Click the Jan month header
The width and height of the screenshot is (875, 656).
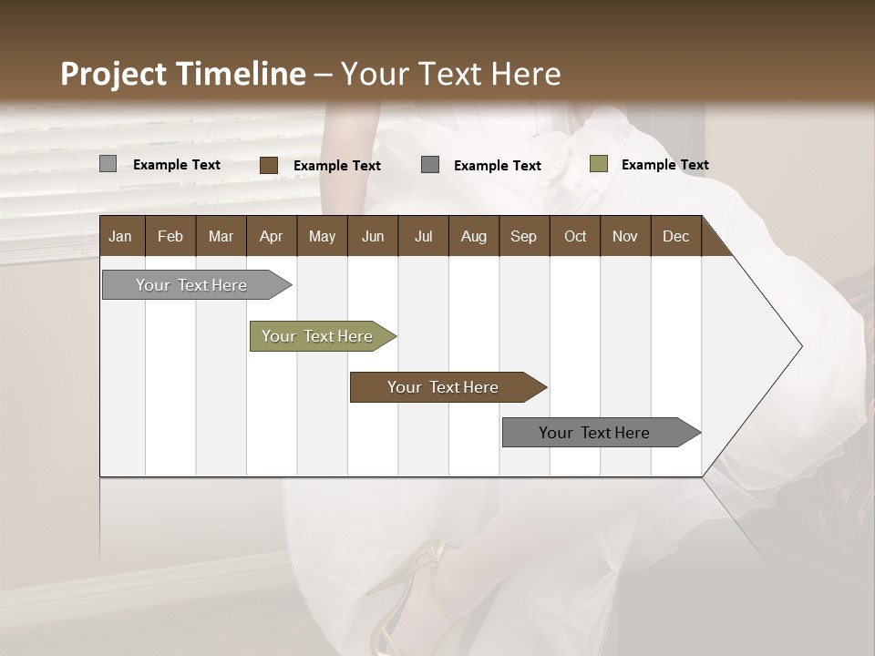pos(121,236)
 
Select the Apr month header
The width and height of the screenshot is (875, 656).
pos(271,236)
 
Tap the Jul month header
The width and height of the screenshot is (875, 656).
pos(423,236)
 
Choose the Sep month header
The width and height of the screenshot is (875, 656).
pos(523,236)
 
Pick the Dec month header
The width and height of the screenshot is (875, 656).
pos(675,236)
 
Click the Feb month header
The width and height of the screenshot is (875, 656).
pos(170,236)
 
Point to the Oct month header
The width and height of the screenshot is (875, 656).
pos(574,236)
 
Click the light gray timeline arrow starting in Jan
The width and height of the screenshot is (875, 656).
pos(191,285)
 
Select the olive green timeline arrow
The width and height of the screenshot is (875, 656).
pos(317,336)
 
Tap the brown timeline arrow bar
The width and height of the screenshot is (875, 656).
pos(443,387)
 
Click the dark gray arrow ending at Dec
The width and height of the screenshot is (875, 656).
pos(594,433)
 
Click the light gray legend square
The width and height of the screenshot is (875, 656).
pos(108,164)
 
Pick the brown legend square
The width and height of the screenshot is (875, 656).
pos(268,165)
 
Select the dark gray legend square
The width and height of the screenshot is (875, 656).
pos(430,164)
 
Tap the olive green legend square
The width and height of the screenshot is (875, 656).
pos(598,164)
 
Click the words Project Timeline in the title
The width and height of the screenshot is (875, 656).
pos(182,74)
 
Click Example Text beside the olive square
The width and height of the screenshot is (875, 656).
pos(664,164)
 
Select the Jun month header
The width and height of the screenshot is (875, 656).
pos(372,236)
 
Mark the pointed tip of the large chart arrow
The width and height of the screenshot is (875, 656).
pos(800,346)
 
